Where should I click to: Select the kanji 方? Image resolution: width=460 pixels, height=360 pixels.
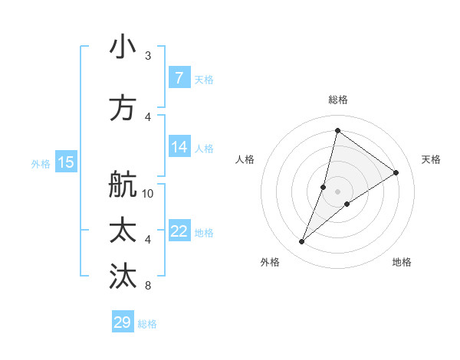(x=123, y=108)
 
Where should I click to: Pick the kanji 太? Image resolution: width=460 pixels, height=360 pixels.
(x=123, y=231)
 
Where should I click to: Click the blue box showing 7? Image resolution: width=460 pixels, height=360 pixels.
(x=179, y=77)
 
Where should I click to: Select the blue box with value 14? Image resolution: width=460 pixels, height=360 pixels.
(x=179, y=148)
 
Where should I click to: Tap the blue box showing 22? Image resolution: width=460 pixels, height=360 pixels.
(x=179, y=231)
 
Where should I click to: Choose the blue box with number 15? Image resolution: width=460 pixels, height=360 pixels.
(x=65, y=162)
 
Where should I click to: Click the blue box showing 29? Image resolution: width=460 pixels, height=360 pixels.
(x=122, y=322)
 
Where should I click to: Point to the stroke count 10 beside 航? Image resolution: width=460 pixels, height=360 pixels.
(x=148, y=193)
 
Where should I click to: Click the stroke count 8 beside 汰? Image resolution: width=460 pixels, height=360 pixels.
(x=148, y=286)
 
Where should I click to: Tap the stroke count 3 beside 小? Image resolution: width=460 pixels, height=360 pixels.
(x=148, y=55)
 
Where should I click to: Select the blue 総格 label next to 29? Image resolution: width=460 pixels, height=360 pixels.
(x=147, y=324)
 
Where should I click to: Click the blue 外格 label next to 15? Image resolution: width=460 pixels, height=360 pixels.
(x=41, y=163)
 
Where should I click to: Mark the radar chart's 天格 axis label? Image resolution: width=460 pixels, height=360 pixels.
(x=431, y=159)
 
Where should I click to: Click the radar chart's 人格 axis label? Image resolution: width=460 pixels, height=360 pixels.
(x=245, y=159)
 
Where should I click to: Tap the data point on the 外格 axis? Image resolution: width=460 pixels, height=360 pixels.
(x=302, y=242)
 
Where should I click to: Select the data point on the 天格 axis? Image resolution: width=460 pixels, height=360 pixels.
(x=396, y=172)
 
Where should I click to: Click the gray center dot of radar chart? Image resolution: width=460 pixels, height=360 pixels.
(x=337, y=191)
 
